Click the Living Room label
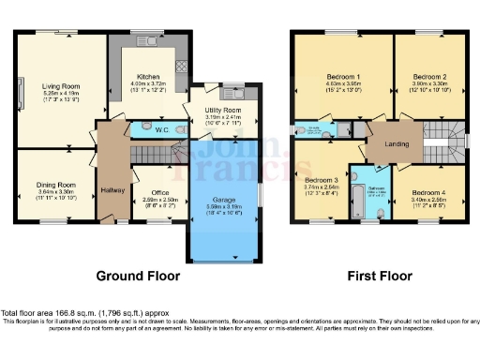point(62,86)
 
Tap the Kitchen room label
point(149,77)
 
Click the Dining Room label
point(55,186)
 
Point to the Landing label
point(386,143)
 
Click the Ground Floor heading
point(136,277)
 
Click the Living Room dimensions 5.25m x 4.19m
point(62,94)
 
